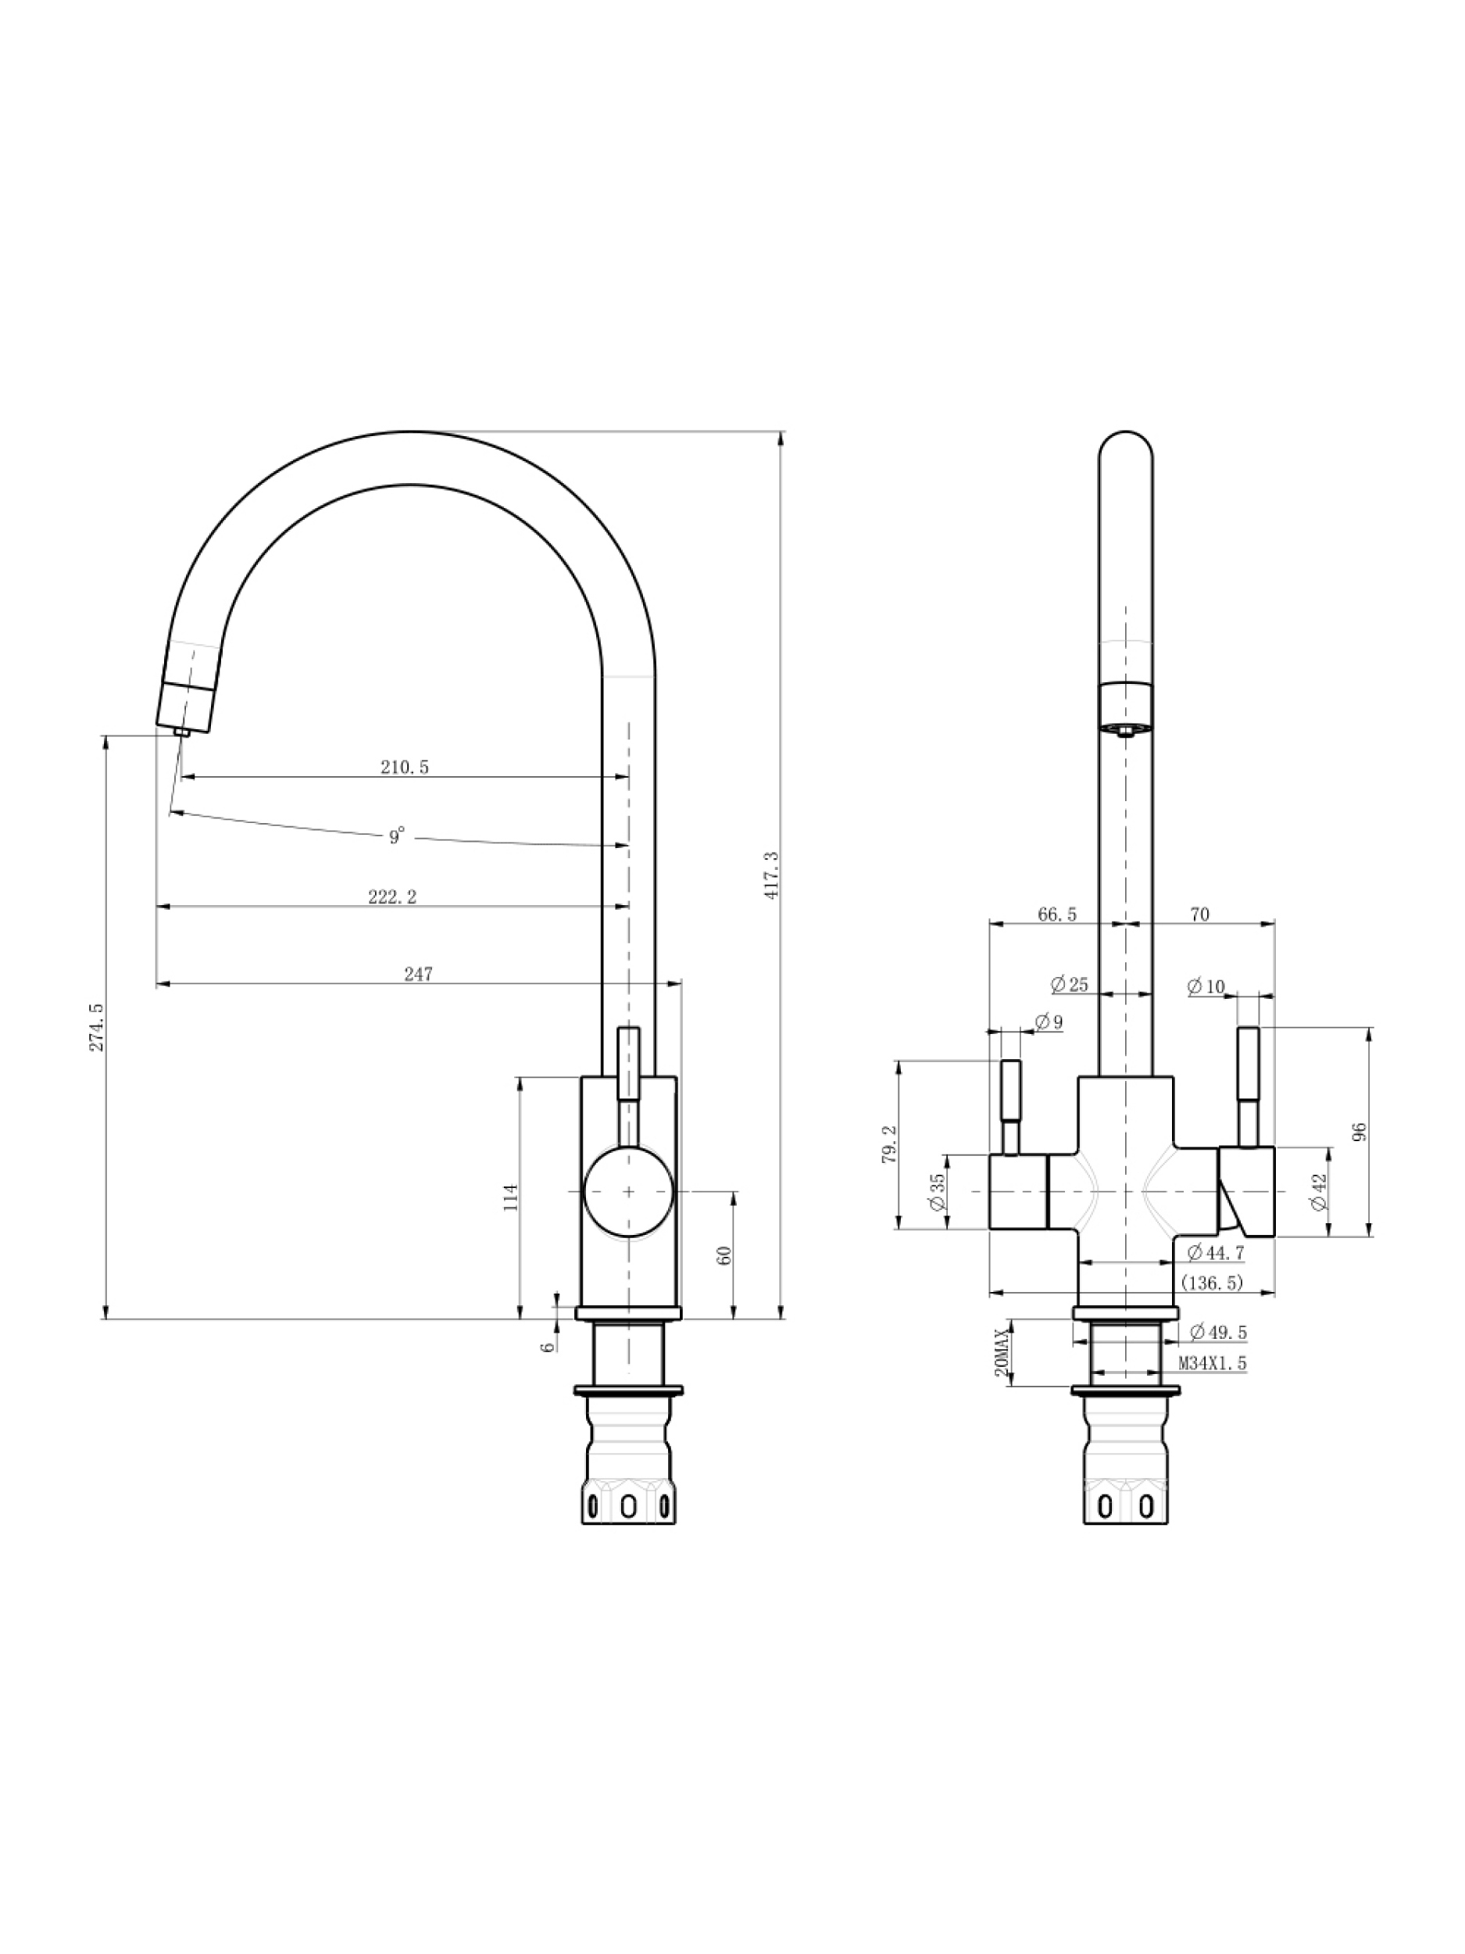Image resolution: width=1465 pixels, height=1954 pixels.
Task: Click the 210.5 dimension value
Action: [405, 767]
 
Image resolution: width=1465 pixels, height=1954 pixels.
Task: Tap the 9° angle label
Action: [396, 835]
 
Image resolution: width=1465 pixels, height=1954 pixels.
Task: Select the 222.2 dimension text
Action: [392, 896]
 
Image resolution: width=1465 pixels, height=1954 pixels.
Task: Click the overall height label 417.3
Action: [772, 875]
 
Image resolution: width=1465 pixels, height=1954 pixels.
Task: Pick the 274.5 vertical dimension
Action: [96, 1026]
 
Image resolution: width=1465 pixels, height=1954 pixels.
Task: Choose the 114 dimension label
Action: [510, 1197]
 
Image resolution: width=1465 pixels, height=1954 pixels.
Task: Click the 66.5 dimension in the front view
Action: [1057, 914]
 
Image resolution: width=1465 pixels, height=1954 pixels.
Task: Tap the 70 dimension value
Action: [1199, 914]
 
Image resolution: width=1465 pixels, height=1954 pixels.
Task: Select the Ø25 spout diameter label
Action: [1070, 984]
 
